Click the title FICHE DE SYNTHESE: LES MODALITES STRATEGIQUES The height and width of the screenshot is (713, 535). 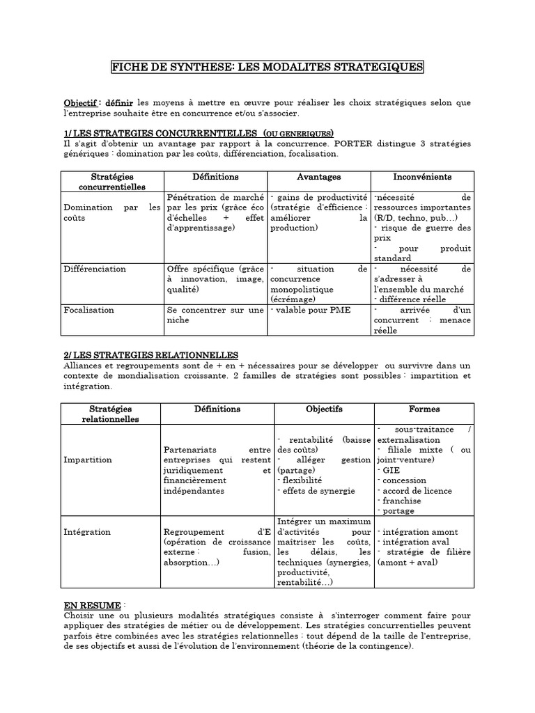pyautogui.click(x=267, y=67)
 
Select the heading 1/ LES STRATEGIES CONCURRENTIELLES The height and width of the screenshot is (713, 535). pyautogui.click(x=153, y=133)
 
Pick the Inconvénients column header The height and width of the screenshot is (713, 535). pyautogui.click(x=422, y=177)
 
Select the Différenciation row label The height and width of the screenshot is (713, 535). pyautogui.click(x=95, y=269)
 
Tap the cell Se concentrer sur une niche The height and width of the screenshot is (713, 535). pyautogui.click(x=215, y=315)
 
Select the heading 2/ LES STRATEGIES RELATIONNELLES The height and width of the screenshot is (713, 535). pyautogui.click(x=150, y=355)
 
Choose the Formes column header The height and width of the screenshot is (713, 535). pyautogui.click(x=424, y=409)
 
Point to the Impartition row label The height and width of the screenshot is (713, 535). pyautogui.click(x=87, y=460)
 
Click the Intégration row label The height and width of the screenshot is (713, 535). pyautogui.click(x=86, y=532)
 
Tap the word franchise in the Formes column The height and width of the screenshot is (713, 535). pyautogui.click(x=398, y=501)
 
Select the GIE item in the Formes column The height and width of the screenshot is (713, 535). pyautogui.click(x=388, y=471)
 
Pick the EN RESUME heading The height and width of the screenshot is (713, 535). pyautogui.click(x=92, y=606)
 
